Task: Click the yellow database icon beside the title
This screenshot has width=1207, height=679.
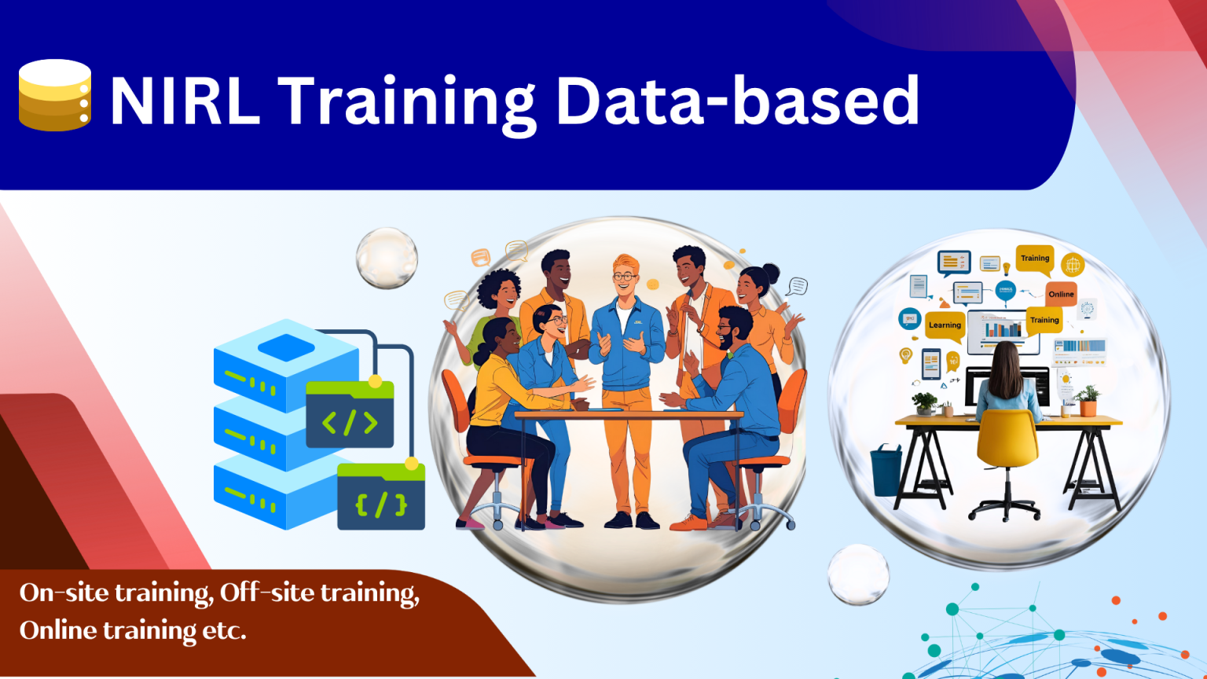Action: tap(54, 95)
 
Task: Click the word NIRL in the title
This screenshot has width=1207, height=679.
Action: tap(185, 101)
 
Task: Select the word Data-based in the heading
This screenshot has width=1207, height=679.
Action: tap(737, 101)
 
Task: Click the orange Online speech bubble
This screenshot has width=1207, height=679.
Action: tap(1061, 293)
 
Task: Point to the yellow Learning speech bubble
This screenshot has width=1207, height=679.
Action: tap(945, 325)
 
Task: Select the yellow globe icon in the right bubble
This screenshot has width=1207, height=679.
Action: tap(1073, 265)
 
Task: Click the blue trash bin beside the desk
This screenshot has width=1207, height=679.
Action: tap(886, 470)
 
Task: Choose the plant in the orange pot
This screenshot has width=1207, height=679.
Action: tap(1088, 401)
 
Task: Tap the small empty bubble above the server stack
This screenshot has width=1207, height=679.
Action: tap(387, 258)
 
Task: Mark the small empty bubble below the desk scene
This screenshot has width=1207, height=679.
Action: tap(858, 574)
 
